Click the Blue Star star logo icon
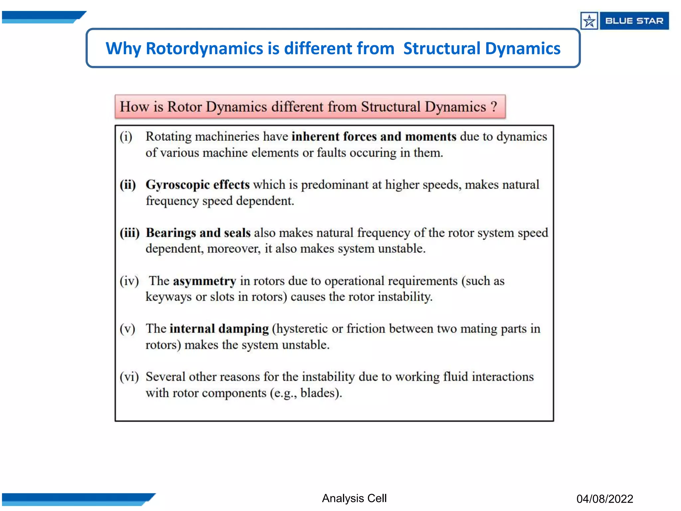[589, 21]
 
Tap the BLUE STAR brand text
[634, 21]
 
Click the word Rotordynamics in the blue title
[204, 49]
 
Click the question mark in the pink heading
[494, 106]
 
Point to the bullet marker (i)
[126, 137]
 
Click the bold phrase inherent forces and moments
[374, 137]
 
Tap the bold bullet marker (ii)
[128, 185]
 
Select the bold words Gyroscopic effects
[198, 185]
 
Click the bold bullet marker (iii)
[130, 233]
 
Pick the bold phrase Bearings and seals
[198, 233]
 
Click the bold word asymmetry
[204, 281]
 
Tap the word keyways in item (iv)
[169, 297]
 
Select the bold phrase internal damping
[219, 329]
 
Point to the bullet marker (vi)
[129, 377]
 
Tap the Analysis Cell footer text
[354, 498]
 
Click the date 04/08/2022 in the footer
[605, 499]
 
